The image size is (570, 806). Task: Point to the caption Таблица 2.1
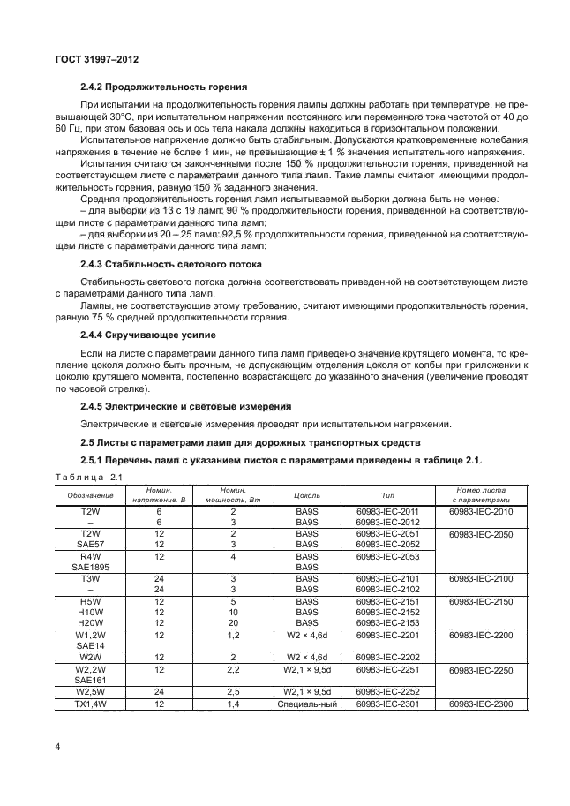point(92,478)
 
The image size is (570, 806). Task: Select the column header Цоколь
point(306,495)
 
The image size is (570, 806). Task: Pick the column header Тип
point(387,495)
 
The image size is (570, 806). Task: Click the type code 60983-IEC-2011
point(387,511)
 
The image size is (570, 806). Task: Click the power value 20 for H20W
point(233,621)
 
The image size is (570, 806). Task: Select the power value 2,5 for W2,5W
point(233,691)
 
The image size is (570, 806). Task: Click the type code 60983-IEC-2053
point(387,556)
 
